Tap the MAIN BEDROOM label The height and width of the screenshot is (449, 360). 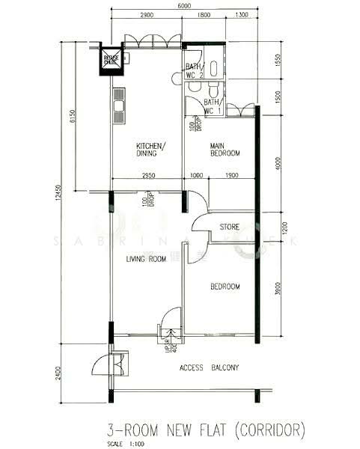(225, 149)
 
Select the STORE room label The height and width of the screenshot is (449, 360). (229, 227)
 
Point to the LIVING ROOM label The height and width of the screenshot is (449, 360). (145, 260)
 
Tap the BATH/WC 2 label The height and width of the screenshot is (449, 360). (194, 70)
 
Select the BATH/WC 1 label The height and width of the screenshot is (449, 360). (213, 106)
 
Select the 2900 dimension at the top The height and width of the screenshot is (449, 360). (147, 16)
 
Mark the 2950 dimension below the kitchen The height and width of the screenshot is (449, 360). (147, 177)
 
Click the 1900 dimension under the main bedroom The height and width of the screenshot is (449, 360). (231, 177)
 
